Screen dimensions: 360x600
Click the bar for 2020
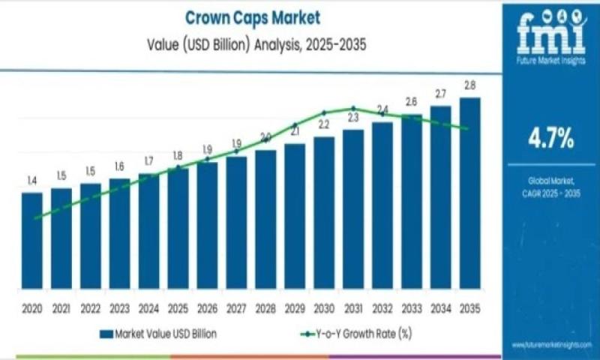pyautogui.click(x=31, y=241)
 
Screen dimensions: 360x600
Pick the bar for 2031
pyautogui.click(x=353, y=209)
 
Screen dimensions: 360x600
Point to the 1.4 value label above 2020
pyautogui.click(x=31, y=181)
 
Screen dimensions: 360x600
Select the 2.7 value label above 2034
pyautogui.click(x=440, y=94)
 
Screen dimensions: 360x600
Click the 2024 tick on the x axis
pyautogui.click(x=148, y=308)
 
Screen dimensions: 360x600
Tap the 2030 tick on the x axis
pyautogui.click(x=324, y=308)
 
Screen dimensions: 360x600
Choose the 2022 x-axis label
pyautogui.click(x=90, y=308)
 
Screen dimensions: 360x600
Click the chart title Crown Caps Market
pyautogui.click(x=247, y=16)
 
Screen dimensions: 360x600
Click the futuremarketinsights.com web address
pyautogui.click(x=551, y=344)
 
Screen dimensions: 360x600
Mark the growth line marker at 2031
pyautogui.click(x=353, y=109)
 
